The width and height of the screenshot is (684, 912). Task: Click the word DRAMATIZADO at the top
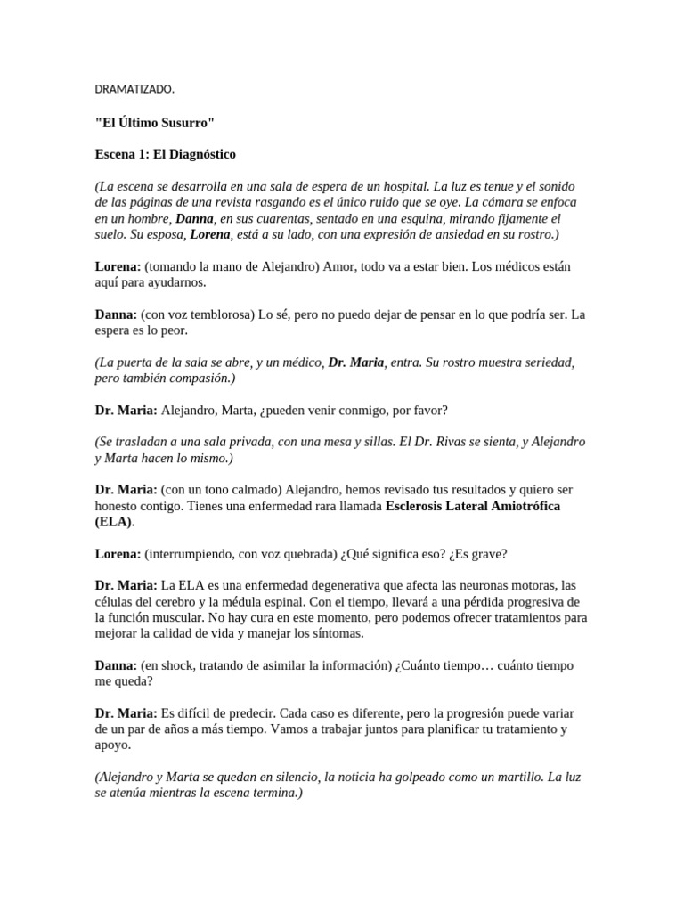(134, 89)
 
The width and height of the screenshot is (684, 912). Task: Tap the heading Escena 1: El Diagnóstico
(166, 154)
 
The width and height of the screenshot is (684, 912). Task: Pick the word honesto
(118, 507)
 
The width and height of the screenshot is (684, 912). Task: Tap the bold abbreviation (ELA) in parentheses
(113, 522)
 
